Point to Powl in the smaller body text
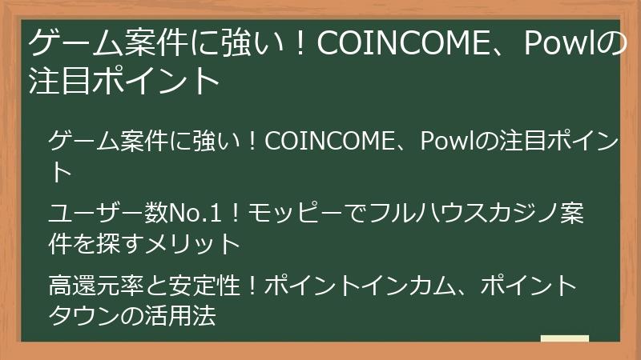click(448, 143)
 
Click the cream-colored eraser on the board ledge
click(564, 339)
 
